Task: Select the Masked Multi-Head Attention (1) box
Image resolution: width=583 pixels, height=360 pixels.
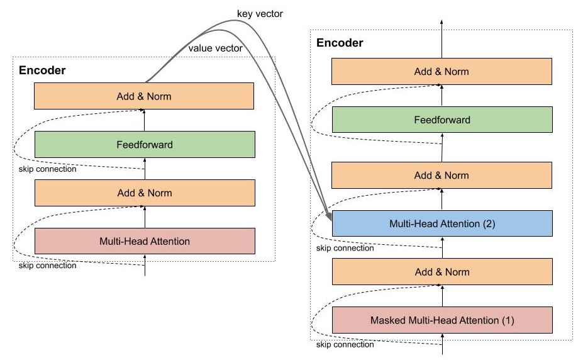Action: pyautogui.click(x=441, y=320)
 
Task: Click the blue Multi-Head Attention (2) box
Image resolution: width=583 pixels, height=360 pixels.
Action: pyautogui.click(x=441, y=223)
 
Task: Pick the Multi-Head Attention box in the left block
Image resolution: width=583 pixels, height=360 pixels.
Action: pyautogui.click(x=145, y=240)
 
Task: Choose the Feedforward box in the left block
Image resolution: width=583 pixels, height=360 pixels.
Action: pyautogui.click(x=145, y=144)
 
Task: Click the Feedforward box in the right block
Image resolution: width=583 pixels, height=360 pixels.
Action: pyautogui.click(x=441, y=120)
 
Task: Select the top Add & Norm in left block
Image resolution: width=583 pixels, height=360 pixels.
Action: pyautogui.click(x=145, y=96)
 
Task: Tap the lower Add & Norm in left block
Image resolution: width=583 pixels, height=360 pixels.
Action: pyautogui.click(x=145, y=193)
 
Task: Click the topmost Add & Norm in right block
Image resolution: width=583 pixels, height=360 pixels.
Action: pyautogui.click(x=441, y=72)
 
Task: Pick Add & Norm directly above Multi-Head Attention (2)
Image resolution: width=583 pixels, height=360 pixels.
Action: pyautogui.click(x=441, y=176)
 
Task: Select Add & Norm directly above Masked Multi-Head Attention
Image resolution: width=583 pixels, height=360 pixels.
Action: pyautogui.click(x=441, y=272)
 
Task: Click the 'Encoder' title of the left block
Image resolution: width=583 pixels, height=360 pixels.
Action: pyautogui.click(x=42, y=70)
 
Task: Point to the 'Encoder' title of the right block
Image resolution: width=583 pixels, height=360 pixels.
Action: pyautogui.click(x=339, y=43)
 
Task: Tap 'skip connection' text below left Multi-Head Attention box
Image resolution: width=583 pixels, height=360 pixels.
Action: pyautogui.click(x=47, y=266)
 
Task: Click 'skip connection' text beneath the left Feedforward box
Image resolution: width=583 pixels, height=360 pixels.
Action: pyautogui.click(x=47, y=169)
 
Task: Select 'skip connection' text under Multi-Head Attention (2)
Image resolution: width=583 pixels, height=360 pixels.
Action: pyautogui.click(x=345, y=248)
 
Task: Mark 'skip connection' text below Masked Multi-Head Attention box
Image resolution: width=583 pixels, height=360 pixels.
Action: pyautogui.click(x=345, y=344)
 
